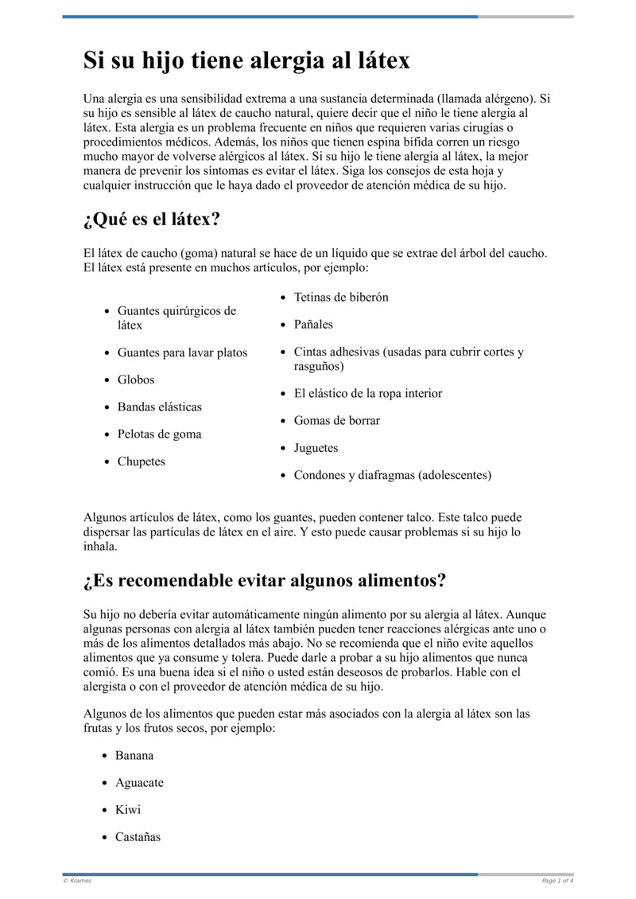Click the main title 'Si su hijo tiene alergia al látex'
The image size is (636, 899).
[x=246, y=60]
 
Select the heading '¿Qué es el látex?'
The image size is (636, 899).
[x=151, y=219]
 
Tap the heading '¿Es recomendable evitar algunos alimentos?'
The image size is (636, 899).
[x=264, y=581]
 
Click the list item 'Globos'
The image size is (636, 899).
[x=136, y=379]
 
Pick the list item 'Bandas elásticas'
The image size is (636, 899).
[x=160, y=407]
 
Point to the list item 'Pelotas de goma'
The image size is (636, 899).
[x=160, y=434]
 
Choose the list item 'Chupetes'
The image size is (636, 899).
[x=142, y=461]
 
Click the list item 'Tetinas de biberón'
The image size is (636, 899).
[x=341, y=297]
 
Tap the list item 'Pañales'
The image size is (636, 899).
[x=313, y=325]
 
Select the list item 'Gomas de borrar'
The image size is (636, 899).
[x=337, y=420]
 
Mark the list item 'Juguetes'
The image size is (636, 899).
[x=316, y=448]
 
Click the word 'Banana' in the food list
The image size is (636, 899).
[x=134, y=755]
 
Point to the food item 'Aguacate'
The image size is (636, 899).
[x=139, y=782]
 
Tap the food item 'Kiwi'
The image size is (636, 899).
[x=128, y=809]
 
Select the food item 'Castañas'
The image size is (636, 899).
[x=138, y=836]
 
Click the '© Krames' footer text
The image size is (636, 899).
[x=77, y=881]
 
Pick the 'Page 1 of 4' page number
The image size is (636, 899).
[x=557, y=881]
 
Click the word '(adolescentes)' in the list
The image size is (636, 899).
[x=454, y=475]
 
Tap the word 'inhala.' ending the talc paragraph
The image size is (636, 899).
[x=100, y=547]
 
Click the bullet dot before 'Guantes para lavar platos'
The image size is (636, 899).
[x=107, y=353]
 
